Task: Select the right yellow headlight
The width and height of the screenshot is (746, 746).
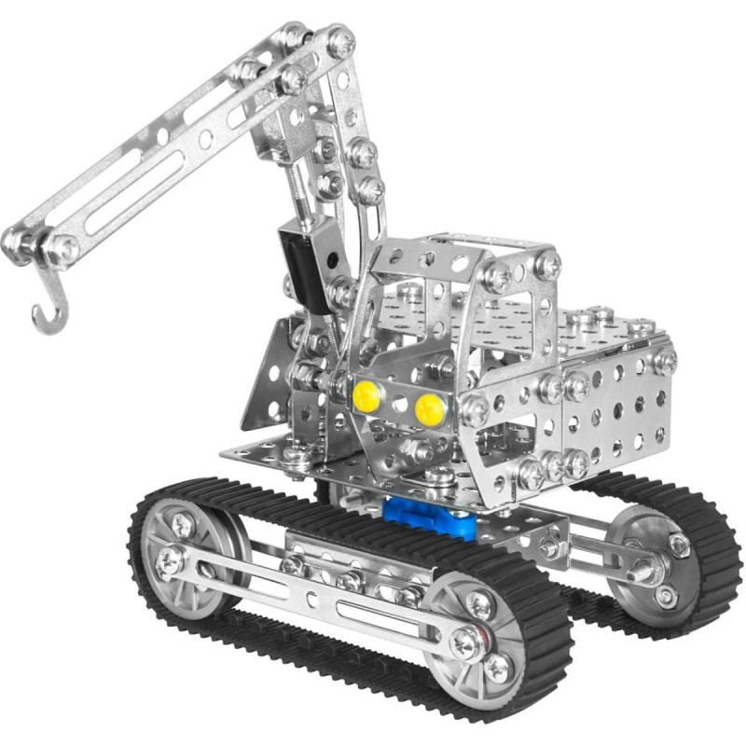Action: coord(429,407)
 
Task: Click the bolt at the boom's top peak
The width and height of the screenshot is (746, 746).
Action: coord(341,41)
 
